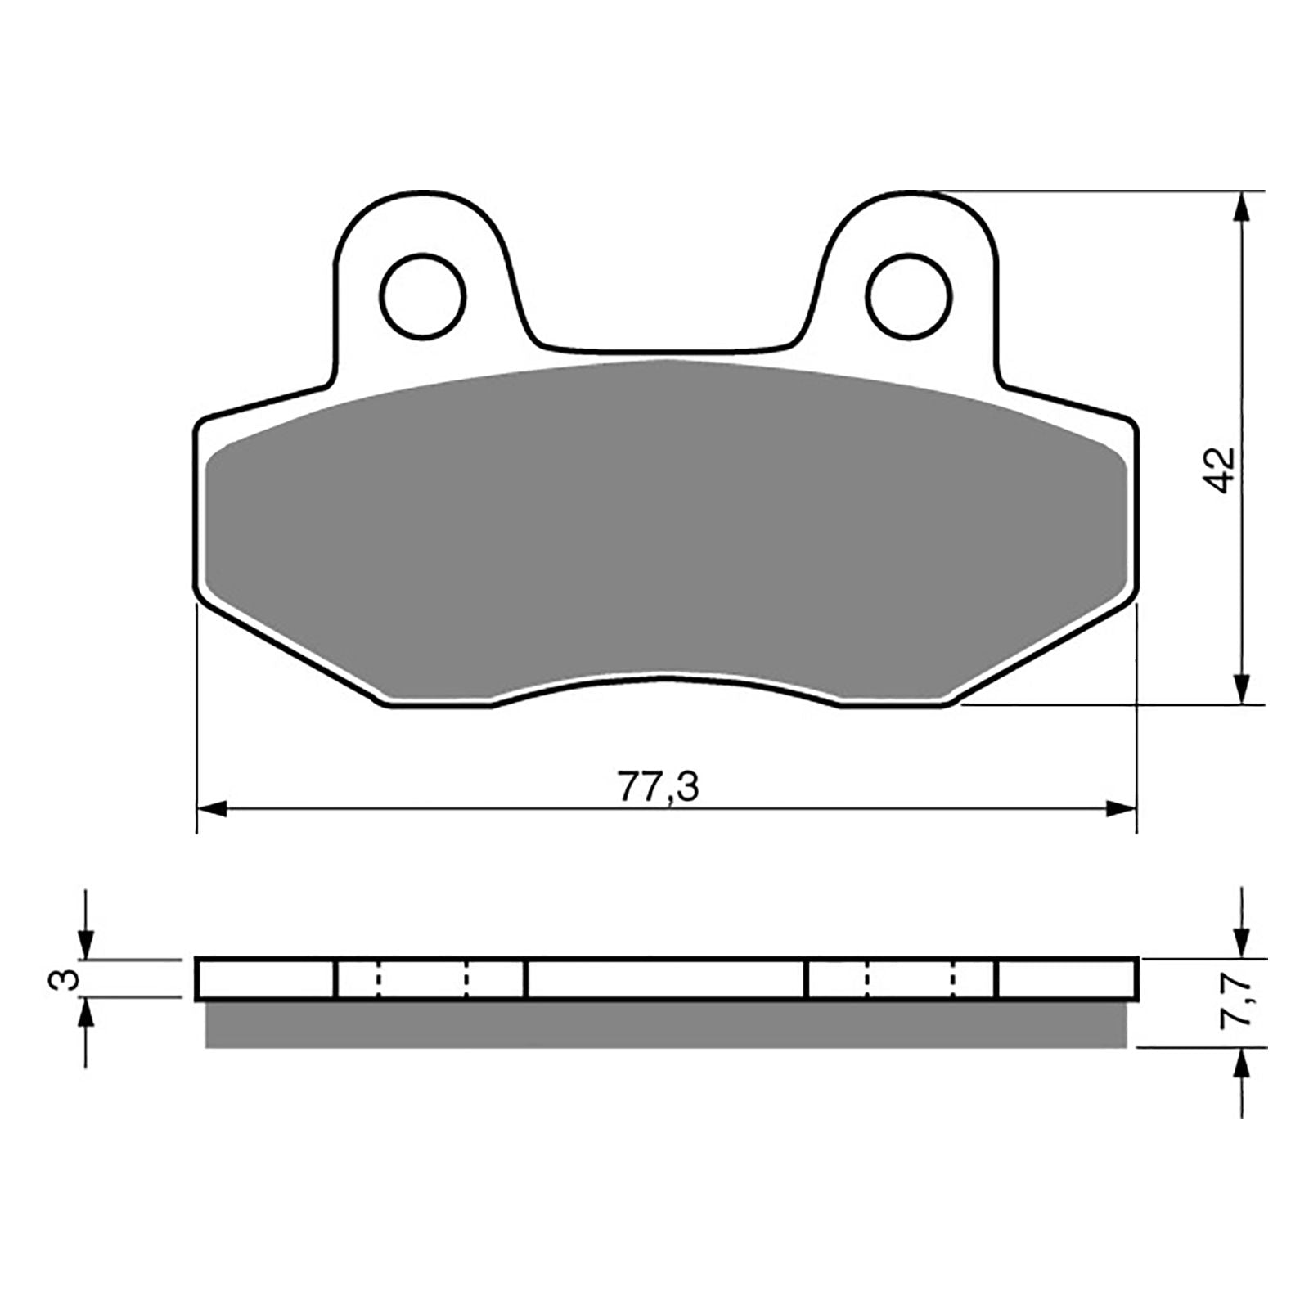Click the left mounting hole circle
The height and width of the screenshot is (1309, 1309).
(423, 295)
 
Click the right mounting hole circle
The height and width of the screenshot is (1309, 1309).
(910, 295)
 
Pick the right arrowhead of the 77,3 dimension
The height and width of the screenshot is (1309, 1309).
(1122, 809)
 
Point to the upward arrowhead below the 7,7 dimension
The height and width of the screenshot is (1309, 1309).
(1243, 1064)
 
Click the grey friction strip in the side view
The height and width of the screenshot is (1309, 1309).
(664, 1024)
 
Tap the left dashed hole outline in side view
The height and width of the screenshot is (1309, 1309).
(422, 979)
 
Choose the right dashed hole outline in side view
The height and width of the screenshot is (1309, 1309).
(910, 979)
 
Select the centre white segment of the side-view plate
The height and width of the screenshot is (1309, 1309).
(664, 979)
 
